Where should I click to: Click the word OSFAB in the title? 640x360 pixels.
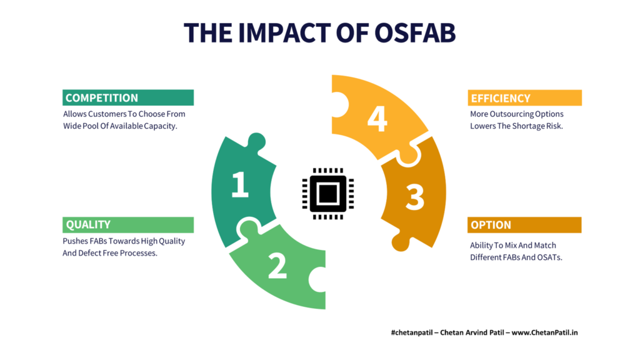(414, 32)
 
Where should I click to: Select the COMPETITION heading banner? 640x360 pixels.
(128, 97)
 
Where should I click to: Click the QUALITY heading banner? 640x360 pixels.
(128, 225)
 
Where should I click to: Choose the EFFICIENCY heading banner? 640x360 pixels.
(524, 98)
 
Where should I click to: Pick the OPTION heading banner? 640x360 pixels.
(524, 225)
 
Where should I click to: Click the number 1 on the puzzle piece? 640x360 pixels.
(240, 184)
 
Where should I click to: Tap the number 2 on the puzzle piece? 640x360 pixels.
(277, 266)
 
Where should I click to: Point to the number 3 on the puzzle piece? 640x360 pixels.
(415, 197)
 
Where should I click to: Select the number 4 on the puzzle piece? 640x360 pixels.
(377, 119)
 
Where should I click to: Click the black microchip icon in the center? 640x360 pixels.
(327, 194)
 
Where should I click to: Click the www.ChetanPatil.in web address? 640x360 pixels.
(544, 332)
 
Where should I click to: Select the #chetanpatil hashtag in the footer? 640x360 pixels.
(411, 332)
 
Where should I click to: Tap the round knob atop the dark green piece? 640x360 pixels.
(257, 142)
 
